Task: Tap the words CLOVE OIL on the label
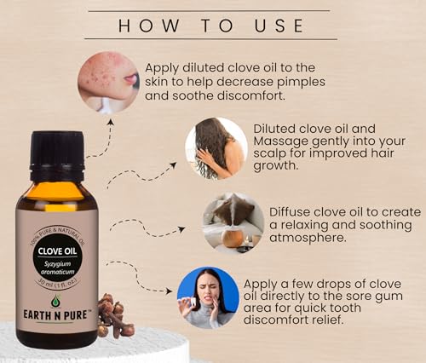coord(56,252)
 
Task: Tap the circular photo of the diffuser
coord(233,224)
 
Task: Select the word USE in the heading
coord(280,26)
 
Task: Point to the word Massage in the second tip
coord(284,143)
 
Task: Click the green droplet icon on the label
coord(56,301)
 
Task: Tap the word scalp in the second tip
coord(273,158)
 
